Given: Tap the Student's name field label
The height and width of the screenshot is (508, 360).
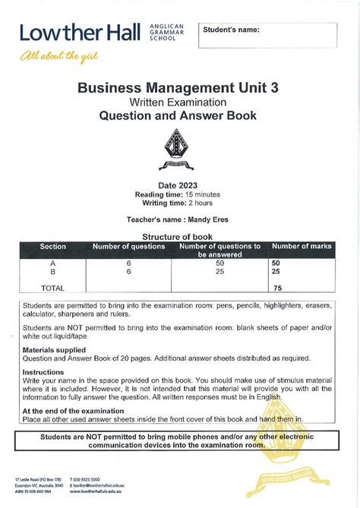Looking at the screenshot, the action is click(232, 30).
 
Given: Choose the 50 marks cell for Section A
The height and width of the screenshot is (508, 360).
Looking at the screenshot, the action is click(276, 262).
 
